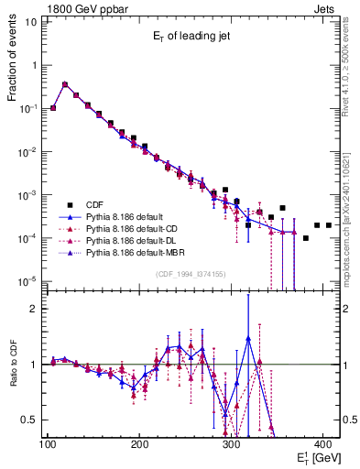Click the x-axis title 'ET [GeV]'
316,455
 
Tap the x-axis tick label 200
140,444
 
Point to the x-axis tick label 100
49,444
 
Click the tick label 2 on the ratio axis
33,309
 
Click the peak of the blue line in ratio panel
248,338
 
